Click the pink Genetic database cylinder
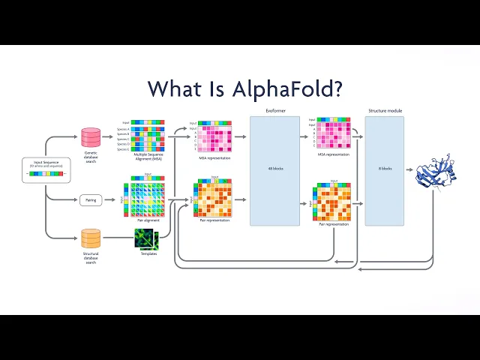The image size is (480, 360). (x=91, y=136)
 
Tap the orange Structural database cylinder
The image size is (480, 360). (x=91, y=238)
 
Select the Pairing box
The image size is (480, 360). (x=91, y=200)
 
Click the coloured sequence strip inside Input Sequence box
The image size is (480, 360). (x=46, y=173)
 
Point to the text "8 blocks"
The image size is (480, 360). (x=385, y=168)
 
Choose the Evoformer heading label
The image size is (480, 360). (x=275, y=111)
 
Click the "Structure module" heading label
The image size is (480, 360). (x=385, y=111)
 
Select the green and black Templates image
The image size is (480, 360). (x=145, y=238)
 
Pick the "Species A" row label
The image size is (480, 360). (x=123, y=128)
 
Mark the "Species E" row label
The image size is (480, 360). (x=123, y=149)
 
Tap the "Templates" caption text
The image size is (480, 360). (x=148, y=253)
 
